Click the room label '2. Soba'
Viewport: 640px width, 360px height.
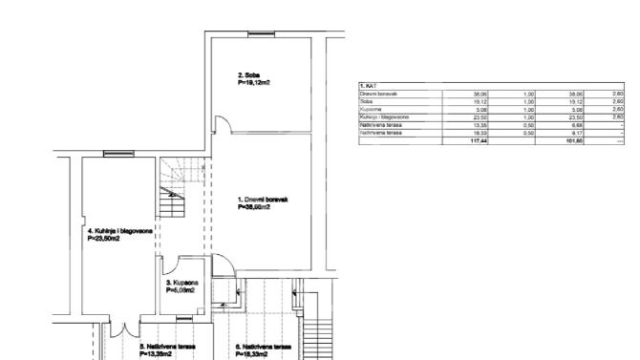[249, 74]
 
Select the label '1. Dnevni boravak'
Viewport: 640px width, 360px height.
[263, 199]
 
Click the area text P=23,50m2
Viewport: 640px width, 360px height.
[108, 239]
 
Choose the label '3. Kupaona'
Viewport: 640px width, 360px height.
[181, 284]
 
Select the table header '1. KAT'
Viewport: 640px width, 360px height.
[369, 86]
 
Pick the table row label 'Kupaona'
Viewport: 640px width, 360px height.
[372, 109]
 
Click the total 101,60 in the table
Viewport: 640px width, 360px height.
[574, 140]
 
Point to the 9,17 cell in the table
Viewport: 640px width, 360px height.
[576, 132]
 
